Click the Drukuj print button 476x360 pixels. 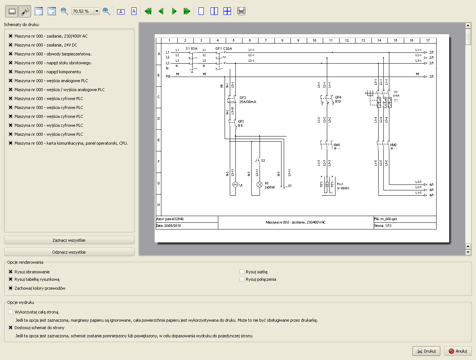click(x=426, y=351)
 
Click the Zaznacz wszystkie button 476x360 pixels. click(x=69, y=240)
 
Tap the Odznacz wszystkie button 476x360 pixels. click(x=69, y=252)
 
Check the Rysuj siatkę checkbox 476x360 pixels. click(x=242, y=272)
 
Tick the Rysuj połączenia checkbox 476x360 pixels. click(x=242, y=279)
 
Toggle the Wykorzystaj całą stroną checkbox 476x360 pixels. click(x=10, y=312)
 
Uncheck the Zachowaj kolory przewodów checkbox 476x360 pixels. click(x=10, y=288)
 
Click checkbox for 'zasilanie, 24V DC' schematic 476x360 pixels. click(x=10, y=45)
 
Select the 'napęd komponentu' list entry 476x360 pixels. click(x=48, y=72)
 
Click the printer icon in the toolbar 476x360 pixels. click(x=241, y=11)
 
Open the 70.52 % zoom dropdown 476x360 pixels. click(x=97, y=11)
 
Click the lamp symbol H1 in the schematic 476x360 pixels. click(x=260, y=184)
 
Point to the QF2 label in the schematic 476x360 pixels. click(x=243, y=98)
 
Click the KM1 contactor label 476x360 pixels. click(x=337, y=145)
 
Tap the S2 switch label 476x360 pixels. click(x=263, y=161)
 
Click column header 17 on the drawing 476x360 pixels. click(x=428, y=41)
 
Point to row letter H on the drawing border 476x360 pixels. click(x=158, y=205)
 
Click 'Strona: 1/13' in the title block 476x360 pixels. click(x=383, y=226)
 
